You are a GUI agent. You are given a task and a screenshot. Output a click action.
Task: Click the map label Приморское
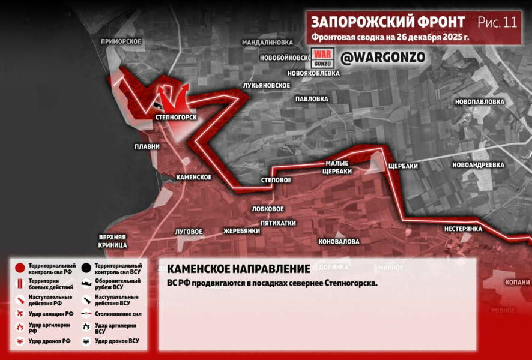(121, 41)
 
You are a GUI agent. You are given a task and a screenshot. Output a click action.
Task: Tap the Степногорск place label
(175, 117)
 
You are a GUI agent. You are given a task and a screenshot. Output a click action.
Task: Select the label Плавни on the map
(147, 146)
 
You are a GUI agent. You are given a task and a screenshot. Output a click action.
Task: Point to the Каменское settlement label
(193, 177)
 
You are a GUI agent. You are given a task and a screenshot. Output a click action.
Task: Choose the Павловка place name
(312, 98)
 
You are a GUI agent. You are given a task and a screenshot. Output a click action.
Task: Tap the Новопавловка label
(479, 102)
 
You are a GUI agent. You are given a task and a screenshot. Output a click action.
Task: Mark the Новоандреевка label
(478, 164)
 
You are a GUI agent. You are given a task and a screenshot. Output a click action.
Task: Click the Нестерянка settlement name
(464, 229)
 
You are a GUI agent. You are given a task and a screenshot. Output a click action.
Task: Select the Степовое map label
(276, 180)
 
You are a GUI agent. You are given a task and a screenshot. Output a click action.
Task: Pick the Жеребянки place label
(241, 231)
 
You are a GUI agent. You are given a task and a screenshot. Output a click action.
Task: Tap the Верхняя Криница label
(113, 241)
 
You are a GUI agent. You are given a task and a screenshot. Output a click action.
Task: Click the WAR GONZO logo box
(322, 58)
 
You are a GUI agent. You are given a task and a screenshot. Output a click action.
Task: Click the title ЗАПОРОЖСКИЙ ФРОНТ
(387, 22)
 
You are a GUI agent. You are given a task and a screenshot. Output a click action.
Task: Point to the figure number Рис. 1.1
(497, 22)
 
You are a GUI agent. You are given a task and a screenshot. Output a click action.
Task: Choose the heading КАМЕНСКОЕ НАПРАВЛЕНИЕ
(238, 269)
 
